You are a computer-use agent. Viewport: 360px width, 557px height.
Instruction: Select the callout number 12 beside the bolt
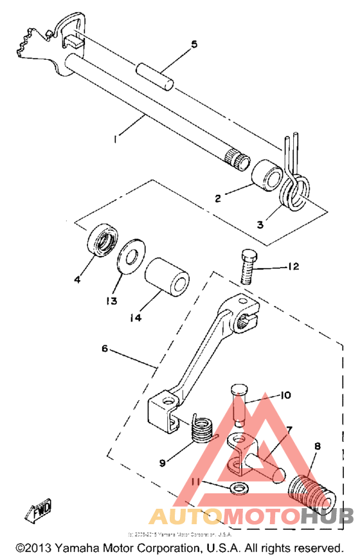(x=292, y=266)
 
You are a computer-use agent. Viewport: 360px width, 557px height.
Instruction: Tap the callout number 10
(x=285, y=396)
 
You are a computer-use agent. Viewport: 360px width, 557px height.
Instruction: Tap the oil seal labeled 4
(x=101, y=240)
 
